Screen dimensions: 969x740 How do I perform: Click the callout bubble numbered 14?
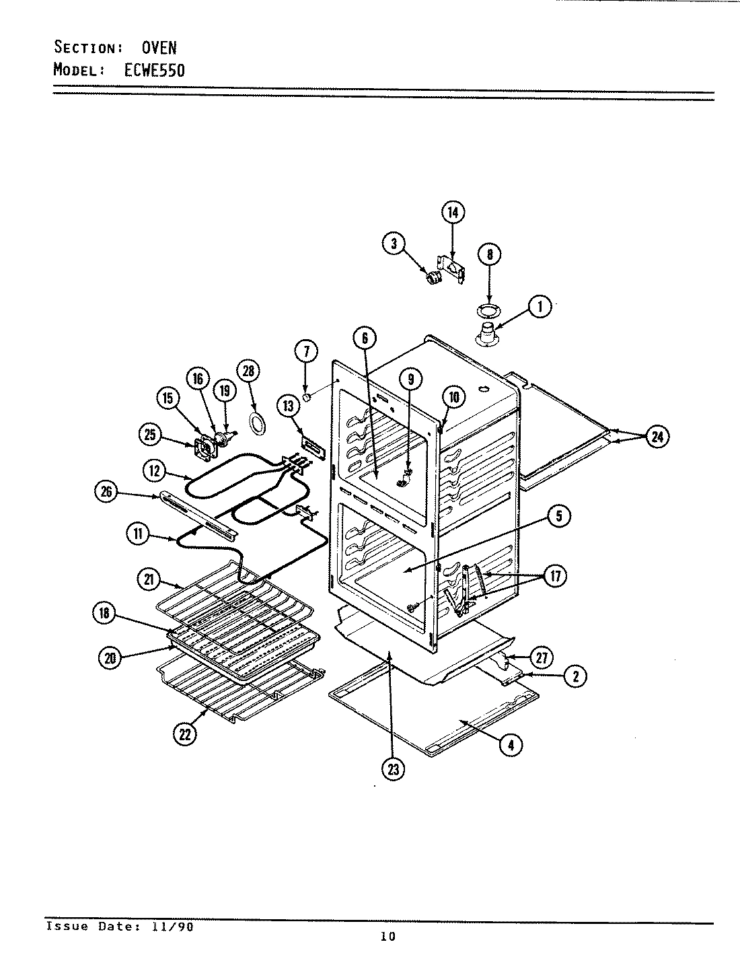click(453, 212)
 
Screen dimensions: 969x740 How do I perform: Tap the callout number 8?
click(489, 254)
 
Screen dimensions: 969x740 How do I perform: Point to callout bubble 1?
click(540, 307)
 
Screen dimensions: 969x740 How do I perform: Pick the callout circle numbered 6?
click(365, 338)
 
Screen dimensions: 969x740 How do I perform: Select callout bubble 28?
click(250, 371)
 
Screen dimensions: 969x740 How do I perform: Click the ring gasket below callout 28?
click(256, 423)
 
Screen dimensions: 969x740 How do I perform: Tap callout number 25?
click(151, 435)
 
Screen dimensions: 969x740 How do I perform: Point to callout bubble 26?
click(106, 493)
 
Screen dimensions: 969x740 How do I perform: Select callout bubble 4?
click(511, 744)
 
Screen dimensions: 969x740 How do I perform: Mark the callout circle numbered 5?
click(559, 516)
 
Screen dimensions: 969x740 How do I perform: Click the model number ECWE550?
click(154, 70)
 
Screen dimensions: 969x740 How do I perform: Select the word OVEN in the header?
click(159, 48)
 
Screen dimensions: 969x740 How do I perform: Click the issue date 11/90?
click(177, 927)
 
